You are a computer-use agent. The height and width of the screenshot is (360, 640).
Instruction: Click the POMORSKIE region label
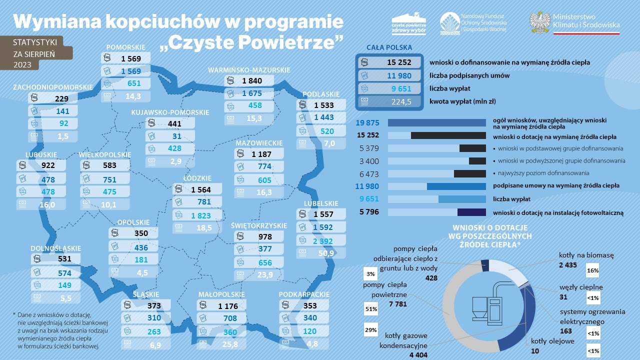pyautogui.click(x=125, y=47)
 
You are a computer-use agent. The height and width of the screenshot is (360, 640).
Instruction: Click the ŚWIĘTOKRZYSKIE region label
pyautogui.click(x=258, y=225)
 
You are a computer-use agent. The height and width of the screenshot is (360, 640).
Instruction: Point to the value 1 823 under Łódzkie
pyautogui.click(x=200, y=216)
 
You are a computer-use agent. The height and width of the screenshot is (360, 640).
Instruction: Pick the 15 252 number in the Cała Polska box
pyautogui.click(x=398, y=62)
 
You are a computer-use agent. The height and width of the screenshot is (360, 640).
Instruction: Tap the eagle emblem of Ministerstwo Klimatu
pyautogui.click(x=540, y=22)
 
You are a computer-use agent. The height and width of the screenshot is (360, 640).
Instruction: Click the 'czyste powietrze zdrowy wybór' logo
pyautogui.click(x=408, y=24)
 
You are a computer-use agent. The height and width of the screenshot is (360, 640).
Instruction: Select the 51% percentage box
pyautogui.click(x=371, y=309)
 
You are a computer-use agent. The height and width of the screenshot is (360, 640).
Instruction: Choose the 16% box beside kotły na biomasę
pyautogui.click(x=592, y=270)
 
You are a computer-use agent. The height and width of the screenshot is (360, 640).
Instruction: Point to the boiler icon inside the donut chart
pyautogui.click(x=489, y=305)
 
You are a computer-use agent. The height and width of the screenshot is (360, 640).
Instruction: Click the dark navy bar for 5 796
pyautogui.click(x=471, y=212)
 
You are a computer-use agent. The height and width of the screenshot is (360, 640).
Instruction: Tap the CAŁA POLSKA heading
pyautogui.click(x=389, y=47)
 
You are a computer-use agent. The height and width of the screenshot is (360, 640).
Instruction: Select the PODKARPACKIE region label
pyautogui.click(x=303, y=294)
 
